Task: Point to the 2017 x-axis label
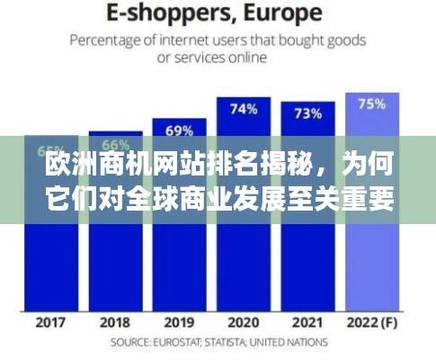[x=50, y=321]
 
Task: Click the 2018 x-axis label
[x=115, y=321]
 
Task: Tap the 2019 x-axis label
[x=180, y=321]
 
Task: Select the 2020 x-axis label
[x=244, y=321]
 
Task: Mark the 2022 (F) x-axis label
[x=372, y=321]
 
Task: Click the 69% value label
[x=180, y=130]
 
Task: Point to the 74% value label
[x=244, y=109]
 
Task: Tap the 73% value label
[x=308, y=112]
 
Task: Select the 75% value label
[x=372, y=103]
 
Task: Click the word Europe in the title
[x=283, y=13]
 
